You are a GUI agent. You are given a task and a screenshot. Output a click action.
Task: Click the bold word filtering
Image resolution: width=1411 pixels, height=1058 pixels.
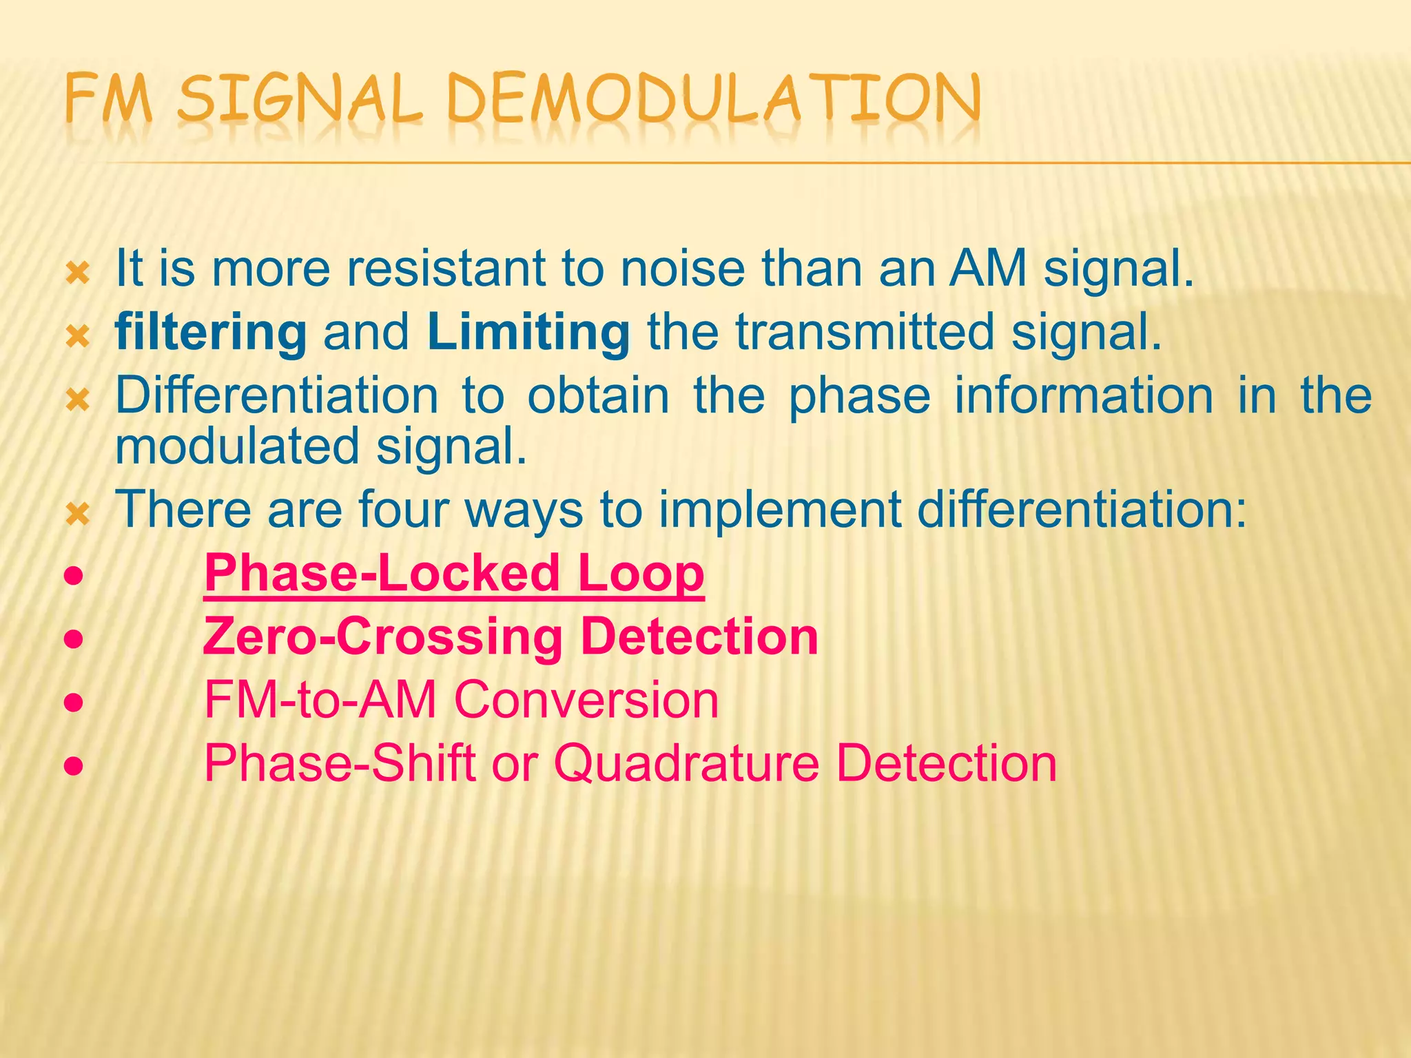(211, 333)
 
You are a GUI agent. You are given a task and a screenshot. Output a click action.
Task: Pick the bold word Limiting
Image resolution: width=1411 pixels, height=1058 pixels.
(528, 333)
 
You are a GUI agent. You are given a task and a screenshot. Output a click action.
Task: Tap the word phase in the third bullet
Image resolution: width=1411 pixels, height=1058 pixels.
(859, 397)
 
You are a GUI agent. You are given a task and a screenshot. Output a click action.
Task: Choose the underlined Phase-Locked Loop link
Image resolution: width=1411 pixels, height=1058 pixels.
(454, 573)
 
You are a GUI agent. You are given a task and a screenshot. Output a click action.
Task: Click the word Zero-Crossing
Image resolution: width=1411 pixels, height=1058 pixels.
(383, 636)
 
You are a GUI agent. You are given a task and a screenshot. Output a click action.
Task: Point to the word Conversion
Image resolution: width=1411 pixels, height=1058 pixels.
(586, 700)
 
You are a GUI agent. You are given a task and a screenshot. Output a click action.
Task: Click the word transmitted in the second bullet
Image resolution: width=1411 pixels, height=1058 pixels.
(865, 333)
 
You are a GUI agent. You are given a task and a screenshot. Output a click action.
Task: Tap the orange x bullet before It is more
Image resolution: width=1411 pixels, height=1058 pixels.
(77, 274)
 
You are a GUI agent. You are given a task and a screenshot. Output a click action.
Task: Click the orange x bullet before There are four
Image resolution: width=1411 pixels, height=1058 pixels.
(77, 515)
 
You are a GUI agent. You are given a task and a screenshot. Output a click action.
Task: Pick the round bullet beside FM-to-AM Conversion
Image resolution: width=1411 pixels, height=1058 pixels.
(74, 703)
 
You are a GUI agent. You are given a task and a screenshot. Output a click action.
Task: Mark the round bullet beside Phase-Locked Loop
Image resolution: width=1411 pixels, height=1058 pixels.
(74, 575)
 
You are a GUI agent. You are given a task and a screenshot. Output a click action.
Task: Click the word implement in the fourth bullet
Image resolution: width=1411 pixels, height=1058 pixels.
(779, 510)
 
